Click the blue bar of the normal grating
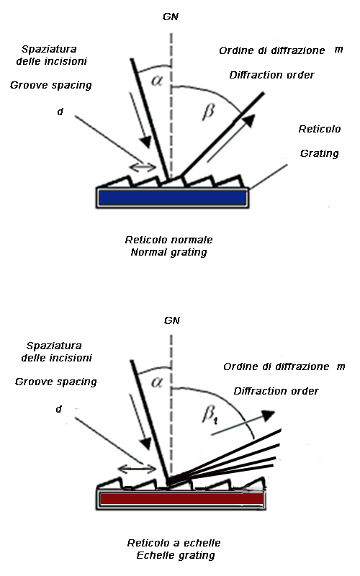(x=172, y=198)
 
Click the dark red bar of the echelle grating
(x=182, y=499)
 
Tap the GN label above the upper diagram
(x=171, y=17)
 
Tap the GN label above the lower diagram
(x=172, y=320)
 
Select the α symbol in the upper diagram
(x=157, y=81)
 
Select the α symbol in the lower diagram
(x=157, y=382)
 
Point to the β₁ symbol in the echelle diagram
(x=210, y=415)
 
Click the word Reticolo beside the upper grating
(x=320, y=129)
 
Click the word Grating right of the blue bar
(x=319, y=153)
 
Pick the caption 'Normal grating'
(x=169, y=253)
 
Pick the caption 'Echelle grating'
(x=176, y=555)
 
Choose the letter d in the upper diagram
(x=60, y=112)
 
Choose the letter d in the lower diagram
(x=59, y=409)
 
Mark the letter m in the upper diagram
(x=338, y=50)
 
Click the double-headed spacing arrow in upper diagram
(x=143, y=167)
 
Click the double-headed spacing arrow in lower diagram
(x=137, y=469)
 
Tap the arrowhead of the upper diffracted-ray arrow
(x=249, y=120)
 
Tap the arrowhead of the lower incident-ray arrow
(x=147, y=444)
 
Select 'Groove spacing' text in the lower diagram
(x=56, y=382)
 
